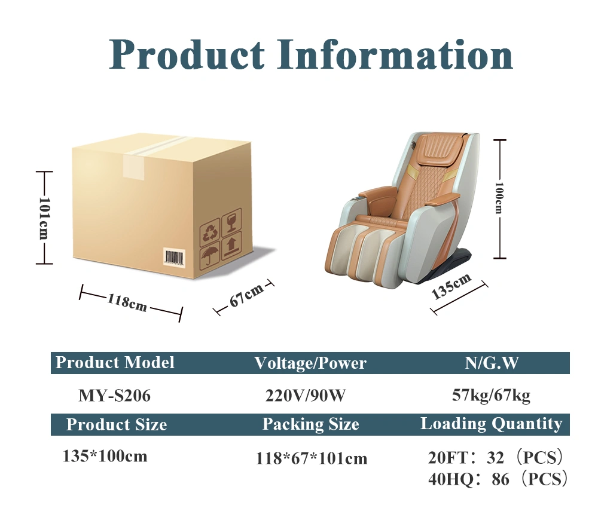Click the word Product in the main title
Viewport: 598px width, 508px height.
187,56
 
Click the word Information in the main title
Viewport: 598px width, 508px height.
395,54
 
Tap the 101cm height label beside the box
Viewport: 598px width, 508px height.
44,218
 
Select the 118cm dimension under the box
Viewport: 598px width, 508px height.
127,303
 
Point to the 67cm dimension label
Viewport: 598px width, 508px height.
246,295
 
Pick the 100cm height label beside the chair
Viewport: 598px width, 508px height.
499,198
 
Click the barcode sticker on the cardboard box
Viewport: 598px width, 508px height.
174,258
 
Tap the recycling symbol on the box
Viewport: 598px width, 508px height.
210,232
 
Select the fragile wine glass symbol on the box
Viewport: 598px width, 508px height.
231,223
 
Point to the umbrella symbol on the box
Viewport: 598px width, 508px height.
210,256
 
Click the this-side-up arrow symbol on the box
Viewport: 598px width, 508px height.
231,246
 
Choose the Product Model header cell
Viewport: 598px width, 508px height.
115,362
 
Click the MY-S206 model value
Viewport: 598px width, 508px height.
114,396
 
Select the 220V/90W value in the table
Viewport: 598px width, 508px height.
306,396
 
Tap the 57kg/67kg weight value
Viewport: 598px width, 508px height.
491,396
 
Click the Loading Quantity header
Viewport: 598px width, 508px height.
491,424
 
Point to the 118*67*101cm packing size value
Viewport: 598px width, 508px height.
311,458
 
